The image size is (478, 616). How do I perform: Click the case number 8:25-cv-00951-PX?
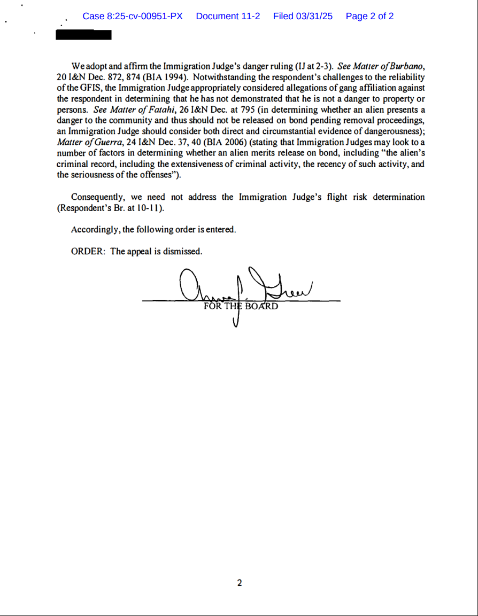(x=133, y=17)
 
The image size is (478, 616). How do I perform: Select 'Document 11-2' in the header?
(x=228, y=17)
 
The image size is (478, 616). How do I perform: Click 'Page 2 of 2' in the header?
(x=369, y=17)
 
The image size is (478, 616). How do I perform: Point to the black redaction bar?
(x=84, y=35)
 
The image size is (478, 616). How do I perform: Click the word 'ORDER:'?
(x=88, y=252)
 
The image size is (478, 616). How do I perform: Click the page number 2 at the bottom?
(x=239, y=583)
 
